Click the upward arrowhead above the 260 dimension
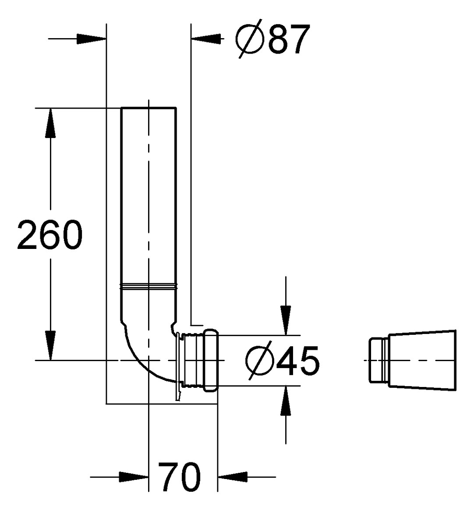coord(51,123)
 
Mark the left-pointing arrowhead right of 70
coord(233,476)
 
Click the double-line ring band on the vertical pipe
coord(149,287)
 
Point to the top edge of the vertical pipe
coord(149,108)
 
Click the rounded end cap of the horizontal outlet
coord(211,360)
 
